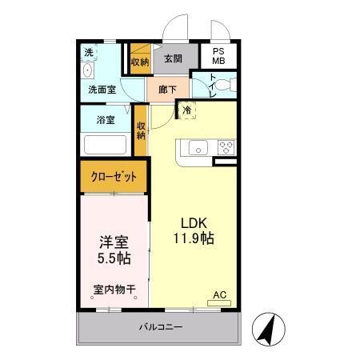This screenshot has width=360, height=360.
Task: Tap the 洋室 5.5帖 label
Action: [114, 250]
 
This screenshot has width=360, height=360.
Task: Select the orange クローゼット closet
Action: [114, 177]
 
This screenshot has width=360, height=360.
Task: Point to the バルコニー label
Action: [160, 327]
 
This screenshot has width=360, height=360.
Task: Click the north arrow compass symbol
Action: [270, 329]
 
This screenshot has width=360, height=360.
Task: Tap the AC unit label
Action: [219, 295]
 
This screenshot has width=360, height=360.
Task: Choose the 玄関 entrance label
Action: [173, 58]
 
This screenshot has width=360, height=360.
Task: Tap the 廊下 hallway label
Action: [168, 89]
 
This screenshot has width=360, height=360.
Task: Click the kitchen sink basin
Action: [198, 147]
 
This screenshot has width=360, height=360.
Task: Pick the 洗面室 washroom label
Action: [102, 90]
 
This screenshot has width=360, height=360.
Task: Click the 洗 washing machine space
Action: [88, 53]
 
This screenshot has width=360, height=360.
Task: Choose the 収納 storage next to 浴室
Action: [141, 130]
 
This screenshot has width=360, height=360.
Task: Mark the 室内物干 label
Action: [114, 290]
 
